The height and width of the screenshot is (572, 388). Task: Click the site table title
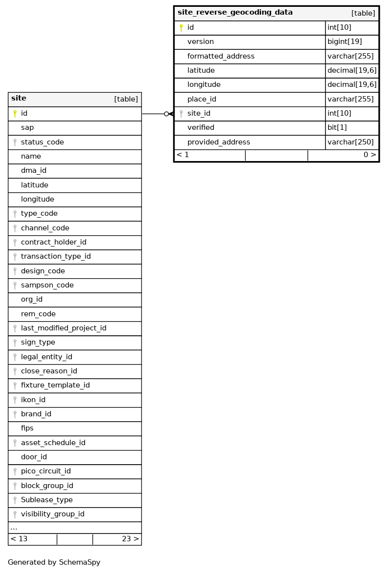pos(19,99)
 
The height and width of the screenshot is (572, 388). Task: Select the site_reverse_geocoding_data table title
pos(235,13)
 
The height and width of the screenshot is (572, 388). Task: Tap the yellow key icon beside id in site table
pos(15,114)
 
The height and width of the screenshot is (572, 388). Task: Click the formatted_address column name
pos(221,56)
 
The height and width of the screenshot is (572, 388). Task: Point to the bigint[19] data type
pos(345,42)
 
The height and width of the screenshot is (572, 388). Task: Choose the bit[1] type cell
pos(337,127)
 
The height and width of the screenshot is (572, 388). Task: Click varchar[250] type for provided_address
pos(350,142)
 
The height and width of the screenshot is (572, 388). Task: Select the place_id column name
pos(202,99)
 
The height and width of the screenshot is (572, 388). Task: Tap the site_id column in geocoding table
pos(199,113)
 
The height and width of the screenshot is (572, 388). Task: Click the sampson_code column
pos(47,285)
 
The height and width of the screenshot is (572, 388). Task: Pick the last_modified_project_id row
pos(63,328)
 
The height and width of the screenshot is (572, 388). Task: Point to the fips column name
pos(27,428)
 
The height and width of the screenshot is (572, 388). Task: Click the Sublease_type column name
pos(46,500)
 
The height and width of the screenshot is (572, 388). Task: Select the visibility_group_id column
pos(52,514)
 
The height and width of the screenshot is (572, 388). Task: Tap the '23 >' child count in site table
pos(130,539)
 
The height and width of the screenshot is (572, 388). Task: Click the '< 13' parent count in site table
pos(19,539)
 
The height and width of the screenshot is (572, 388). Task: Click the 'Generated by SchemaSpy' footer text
pos(54,562)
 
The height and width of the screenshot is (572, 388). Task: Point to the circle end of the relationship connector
pos(166,114)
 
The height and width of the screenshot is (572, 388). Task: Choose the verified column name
pos(201,127)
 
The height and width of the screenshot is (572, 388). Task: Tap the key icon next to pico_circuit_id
pos(15,471)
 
